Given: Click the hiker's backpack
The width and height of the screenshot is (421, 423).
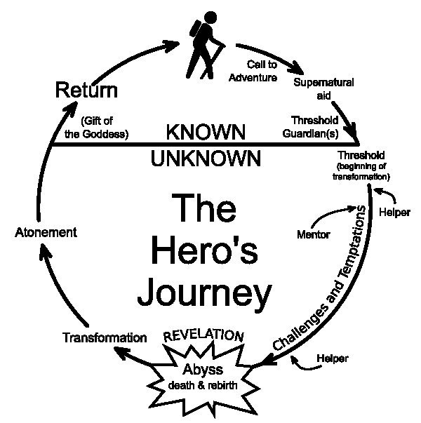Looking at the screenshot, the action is pos(195,29).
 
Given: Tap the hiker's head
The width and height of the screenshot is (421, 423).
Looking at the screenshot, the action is pos(210,18).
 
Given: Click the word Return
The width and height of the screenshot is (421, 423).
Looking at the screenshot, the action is pos(86,90).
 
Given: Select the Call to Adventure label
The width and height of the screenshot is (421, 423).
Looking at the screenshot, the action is pos(253,71).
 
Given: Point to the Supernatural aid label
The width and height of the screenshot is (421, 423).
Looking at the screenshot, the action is pos(323,89).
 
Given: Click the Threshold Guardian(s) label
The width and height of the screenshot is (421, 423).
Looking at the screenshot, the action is pos(311,127).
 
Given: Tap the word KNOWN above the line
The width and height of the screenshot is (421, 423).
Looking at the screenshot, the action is pos(206,132).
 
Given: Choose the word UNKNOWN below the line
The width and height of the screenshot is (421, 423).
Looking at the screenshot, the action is pos(206,158).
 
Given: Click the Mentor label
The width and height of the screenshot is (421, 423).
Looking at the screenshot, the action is pos(314,234).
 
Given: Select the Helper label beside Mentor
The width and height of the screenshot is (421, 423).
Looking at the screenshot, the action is pos(394,213).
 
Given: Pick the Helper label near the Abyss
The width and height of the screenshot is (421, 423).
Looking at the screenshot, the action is pos(333,358).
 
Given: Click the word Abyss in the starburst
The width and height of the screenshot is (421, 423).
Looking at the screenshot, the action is pos(203,370).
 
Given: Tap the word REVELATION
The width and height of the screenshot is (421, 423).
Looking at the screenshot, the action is pos(203,335).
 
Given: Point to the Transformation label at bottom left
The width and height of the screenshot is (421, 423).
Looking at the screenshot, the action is pos(105,337).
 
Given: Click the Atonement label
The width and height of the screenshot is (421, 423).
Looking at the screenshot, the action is pos(46,232).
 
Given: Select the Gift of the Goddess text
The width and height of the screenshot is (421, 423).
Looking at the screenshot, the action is pos(97,128).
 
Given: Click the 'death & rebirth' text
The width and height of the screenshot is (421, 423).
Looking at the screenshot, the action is pos(203,385).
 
